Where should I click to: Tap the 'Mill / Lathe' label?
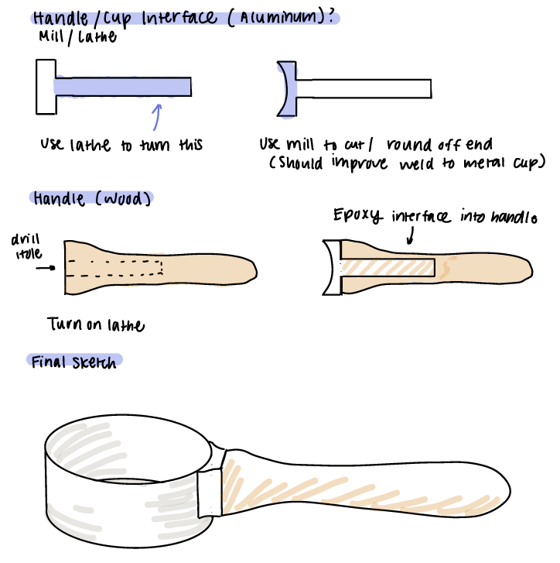point(77,36)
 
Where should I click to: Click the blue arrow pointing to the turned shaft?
point(157,116)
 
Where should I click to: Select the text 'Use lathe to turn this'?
point(122,145)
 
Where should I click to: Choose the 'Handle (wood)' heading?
point(92,198)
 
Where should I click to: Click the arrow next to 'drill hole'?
point(46,268)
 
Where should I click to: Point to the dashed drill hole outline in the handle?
point(116,267)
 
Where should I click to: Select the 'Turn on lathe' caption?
point(95,324)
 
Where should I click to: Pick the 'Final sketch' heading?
point(75,362)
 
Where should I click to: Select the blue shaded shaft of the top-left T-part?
point(124,86)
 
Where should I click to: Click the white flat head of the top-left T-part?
point(45,86)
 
